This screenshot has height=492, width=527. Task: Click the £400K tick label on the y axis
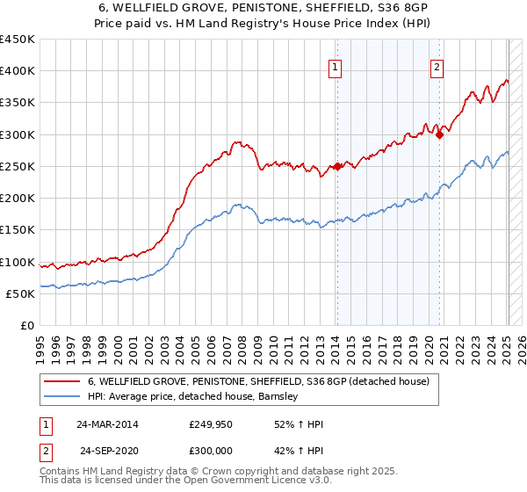[x=18, y=71]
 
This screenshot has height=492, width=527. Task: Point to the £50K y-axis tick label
[x=20, y=293]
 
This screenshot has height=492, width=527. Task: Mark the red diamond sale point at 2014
[x=337, y=166]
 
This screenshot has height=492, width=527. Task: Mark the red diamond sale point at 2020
[x=439, y=134]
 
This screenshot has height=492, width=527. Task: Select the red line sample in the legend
[x=62, y=382]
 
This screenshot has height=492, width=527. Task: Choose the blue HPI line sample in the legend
[x=62, y=397]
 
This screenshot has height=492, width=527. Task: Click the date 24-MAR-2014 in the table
[x=107, y=424]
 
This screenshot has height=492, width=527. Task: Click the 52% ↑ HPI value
[x=299, y=424]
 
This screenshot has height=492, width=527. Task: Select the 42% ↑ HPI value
[x=299, y=450]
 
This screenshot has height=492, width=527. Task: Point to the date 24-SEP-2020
[x=109, y=450]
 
